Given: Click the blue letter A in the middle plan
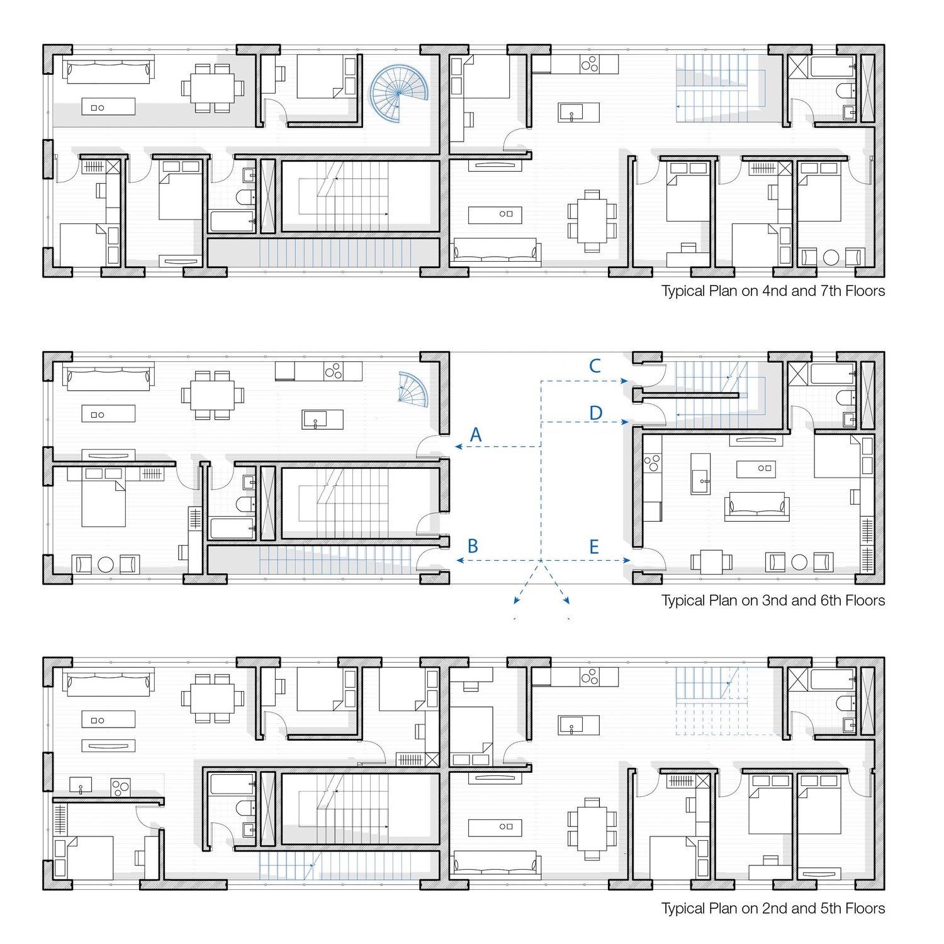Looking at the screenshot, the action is [476, 435].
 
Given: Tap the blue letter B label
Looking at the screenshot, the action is [473, 546].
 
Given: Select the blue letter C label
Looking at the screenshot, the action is [595, 366].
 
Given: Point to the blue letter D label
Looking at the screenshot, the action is [595, 413].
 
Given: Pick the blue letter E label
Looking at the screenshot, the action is [593, 547].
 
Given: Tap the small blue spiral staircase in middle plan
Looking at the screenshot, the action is [413, 388].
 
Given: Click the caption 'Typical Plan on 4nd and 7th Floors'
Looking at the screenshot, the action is [773, 291].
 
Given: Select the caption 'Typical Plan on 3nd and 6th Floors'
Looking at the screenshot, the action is [773, 600].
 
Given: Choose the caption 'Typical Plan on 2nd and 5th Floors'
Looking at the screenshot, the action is [773, 908].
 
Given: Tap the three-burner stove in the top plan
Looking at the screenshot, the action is [590, 64].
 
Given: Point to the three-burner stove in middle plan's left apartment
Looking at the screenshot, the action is [333, 371].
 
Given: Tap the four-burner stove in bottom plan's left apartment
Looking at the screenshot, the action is [120, 787].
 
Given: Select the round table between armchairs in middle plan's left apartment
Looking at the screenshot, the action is [106, 564].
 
